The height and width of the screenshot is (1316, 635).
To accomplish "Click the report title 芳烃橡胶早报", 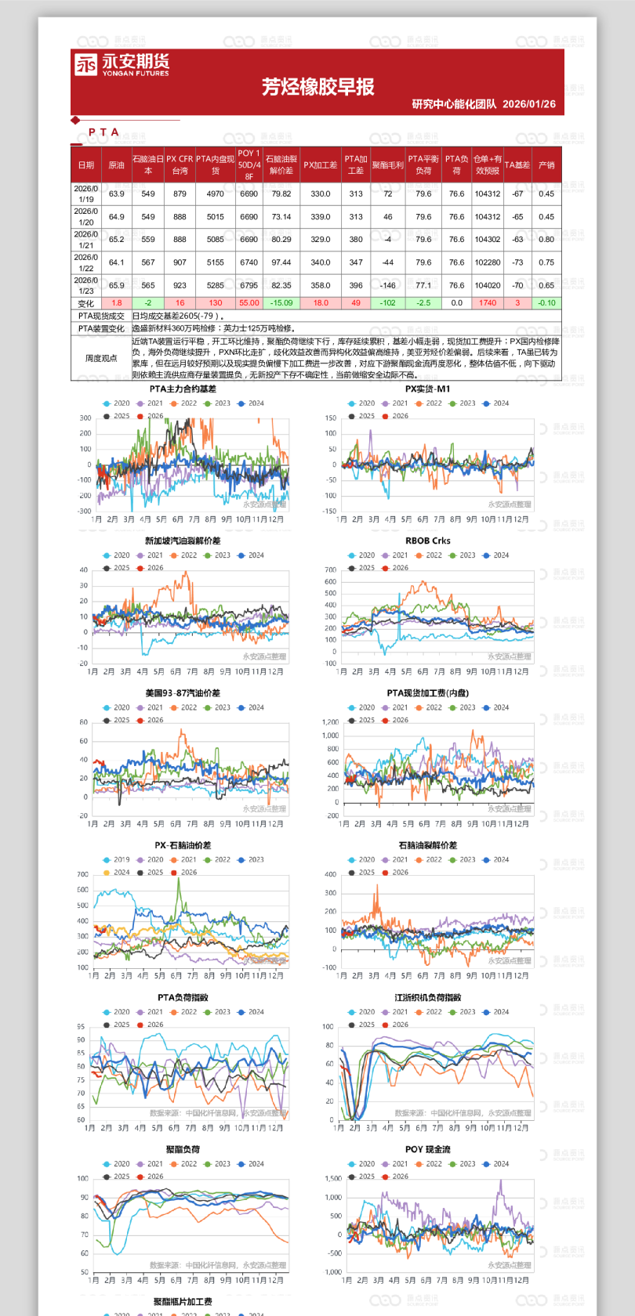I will coord(317,87).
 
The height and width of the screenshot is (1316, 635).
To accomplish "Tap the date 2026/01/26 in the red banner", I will coord(529,104).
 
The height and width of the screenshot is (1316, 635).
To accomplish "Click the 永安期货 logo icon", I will coord(85,64).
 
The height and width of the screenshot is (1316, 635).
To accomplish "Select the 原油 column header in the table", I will coord(116,165).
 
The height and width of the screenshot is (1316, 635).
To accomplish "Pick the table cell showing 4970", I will coord(215,194).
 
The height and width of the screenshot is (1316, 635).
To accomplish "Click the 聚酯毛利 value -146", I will coord(387,286).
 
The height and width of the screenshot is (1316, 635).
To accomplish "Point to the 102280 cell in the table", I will coord(488,263).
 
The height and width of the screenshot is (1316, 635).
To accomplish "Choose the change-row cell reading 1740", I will coord(488,303).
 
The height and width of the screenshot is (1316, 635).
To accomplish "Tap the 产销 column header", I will coord(546,165).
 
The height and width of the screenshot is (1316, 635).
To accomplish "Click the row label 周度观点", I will coord(101,358).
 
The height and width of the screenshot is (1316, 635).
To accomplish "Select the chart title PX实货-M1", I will coord(427,389).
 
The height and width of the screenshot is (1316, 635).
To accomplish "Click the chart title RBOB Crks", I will coord(427,541).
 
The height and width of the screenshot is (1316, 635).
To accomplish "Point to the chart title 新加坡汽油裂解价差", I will coord(183,541).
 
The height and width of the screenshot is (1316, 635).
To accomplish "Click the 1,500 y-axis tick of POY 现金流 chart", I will coord(333,1178).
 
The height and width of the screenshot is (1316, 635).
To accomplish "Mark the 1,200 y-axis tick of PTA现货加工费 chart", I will coord(330,722).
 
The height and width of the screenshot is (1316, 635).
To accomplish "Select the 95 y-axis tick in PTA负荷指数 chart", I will coord(81,1027).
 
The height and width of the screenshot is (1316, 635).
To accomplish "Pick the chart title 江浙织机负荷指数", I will coord(427,998).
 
